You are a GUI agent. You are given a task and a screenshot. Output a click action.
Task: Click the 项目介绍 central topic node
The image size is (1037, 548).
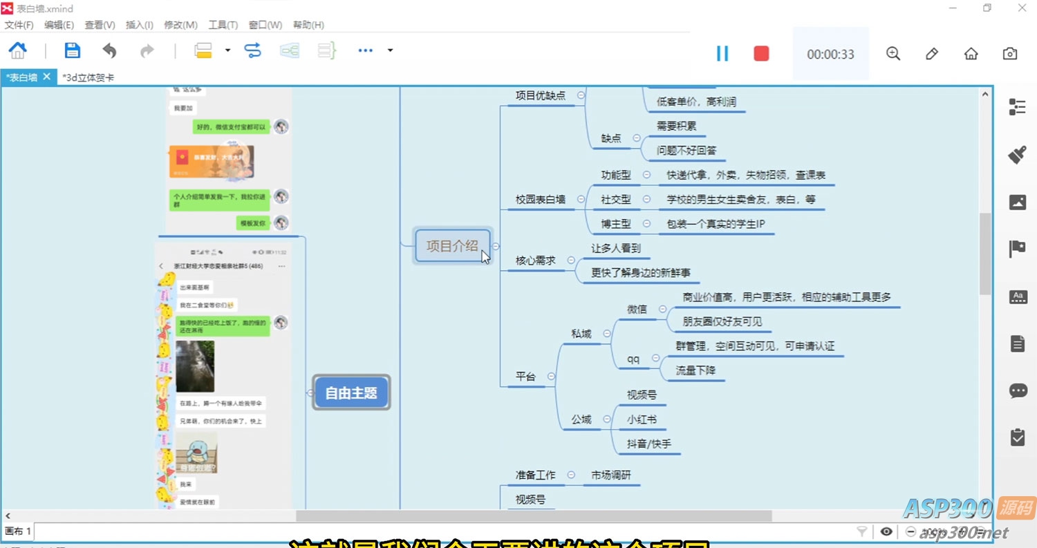pos(452,245)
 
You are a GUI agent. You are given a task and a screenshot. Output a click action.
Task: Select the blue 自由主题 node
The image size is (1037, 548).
pos(351,393)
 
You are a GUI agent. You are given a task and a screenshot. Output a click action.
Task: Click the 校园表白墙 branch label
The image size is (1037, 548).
pos(540,200)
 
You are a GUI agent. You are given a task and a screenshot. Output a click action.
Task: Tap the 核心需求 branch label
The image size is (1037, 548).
pos(535,261)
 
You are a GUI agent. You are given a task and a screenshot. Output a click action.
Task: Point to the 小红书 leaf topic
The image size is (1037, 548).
pos(642,419)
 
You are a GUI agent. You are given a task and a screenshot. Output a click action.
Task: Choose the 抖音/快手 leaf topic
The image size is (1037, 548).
pos(648,444)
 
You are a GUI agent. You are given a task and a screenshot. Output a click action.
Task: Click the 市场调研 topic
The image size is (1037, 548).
pos(611,475)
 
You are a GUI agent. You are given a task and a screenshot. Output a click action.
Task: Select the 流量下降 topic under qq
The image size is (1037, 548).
pos(695,370)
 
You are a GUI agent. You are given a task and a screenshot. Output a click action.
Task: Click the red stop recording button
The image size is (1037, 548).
pos(761,53)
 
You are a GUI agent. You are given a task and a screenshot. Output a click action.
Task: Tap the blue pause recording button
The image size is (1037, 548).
pos(722,53)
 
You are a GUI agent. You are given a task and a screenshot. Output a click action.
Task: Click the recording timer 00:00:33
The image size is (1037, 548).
pos(830,54)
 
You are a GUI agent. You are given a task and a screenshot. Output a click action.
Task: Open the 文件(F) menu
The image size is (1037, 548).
pos(19,25)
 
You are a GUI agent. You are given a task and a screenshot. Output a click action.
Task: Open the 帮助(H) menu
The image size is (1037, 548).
pos(308,25)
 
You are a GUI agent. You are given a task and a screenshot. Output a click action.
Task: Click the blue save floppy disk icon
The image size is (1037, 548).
pos(72,50)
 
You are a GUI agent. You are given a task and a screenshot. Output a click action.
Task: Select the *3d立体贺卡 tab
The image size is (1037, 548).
pos(88,77)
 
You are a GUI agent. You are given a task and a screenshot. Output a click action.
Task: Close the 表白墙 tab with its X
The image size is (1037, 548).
pos(47,77)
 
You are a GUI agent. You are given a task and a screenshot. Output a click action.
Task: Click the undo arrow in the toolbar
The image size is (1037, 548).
pos(109,50)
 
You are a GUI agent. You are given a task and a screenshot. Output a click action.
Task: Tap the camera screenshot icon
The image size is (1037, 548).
pos(1009,54)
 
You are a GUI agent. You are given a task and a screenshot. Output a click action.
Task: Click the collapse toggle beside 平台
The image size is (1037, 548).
pos(551,377)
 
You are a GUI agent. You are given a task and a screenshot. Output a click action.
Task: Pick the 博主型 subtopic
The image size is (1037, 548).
pos(616,224)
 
